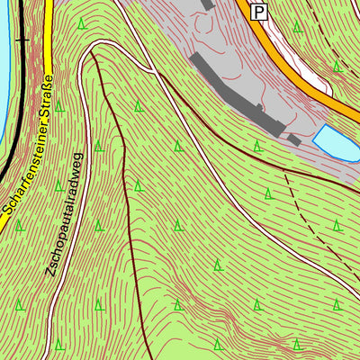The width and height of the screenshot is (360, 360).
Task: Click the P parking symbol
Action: point(259,12)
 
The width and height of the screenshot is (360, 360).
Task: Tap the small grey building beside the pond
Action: point(294,140)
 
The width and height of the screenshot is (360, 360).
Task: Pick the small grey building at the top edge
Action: point(207,4)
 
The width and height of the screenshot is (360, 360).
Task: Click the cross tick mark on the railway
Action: point(22,40)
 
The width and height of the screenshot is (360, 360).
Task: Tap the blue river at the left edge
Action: point(4,54)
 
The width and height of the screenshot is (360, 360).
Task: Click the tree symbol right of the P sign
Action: point(299,25)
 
